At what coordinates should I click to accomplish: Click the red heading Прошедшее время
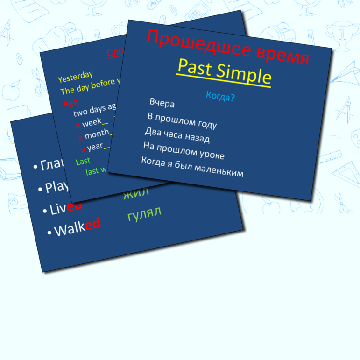coord(228,47)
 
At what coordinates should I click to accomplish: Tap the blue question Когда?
coord(220,97)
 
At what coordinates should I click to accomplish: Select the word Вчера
coord(162,103)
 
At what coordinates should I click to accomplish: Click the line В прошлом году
coord(182,120)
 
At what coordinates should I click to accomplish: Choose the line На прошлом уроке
coord(184,151)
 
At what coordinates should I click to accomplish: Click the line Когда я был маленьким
coord(192,167)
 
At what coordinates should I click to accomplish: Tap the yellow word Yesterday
coord(75,76)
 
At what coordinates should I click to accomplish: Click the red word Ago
coord(71,102)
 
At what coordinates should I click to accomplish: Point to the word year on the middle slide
coord(95,147)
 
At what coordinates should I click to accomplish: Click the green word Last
coord(83,161)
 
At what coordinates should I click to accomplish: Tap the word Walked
coord(78,227)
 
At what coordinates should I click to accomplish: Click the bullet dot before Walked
coord(49,232)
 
